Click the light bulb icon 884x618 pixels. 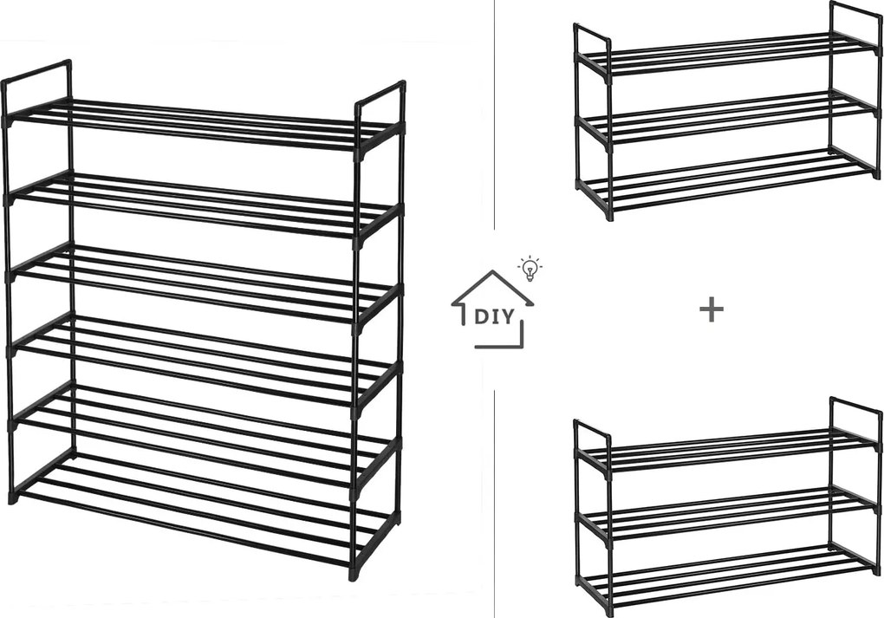tap(530, 269)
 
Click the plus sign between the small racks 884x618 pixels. tap(712, 309)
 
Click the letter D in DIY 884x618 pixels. tap(482, 317)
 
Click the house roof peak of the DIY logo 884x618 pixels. tap(493, 272)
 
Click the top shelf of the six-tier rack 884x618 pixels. tap(203, 124)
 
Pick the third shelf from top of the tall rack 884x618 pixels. tap(203, 282)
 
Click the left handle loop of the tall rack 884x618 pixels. tap(37, 70)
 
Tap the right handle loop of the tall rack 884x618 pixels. tap(380, 94)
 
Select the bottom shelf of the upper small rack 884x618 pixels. tap(727, 177)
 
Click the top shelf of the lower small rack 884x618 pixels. tap(727, 450)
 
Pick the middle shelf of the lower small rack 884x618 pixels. tap(727, 512)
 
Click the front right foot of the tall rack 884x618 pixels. tap(354, 573)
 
